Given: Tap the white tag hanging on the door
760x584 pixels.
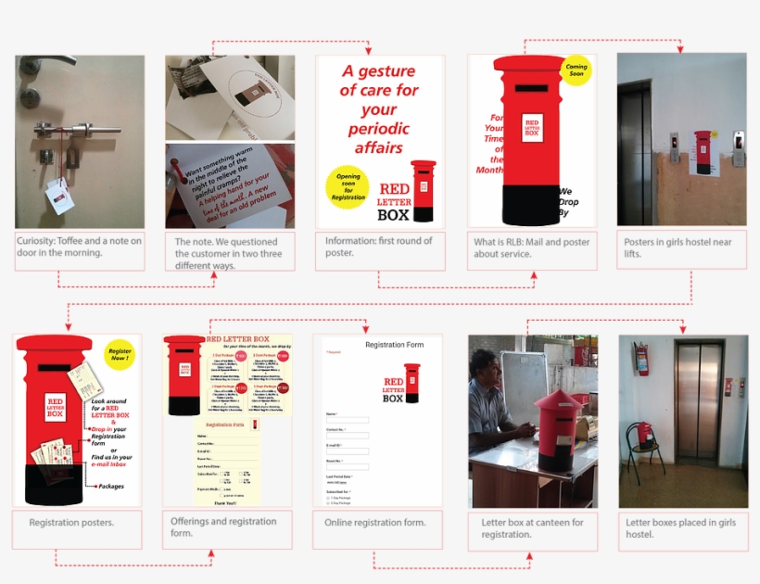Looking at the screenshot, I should coord(58,192).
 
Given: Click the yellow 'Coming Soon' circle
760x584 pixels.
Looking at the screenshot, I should coord(576,71).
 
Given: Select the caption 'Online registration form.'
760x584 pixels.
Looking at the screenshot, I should coord(375,523).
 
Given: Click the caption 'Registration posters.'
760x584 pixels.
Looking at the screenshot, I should coord(71,523).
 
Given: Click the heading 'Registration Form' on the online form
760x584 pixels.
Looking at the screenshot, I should coord(394,345).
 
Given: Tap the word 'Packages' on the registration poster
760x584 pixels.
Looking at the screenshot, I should coord(110,486).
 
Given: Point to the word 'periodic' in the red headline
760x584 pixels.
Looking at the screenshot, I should coord(379,128).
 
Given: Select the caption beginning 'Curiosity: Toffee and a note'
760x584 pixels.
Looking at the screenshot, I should coord(80,247).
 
